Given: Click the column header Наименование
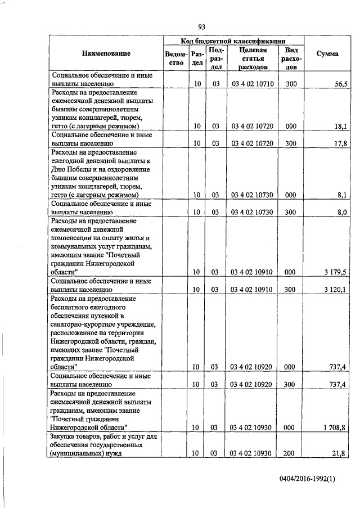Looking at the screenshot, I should coord(106,54).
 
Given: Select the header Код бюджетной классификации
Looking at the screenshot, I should coord(233,41).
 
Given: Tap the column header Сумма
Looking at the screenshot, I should coord(327,54).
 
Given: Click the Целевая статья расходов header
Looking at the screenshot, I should coord(251,58).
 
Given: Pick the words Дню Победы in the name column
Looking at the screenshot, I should coord(72,169).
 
